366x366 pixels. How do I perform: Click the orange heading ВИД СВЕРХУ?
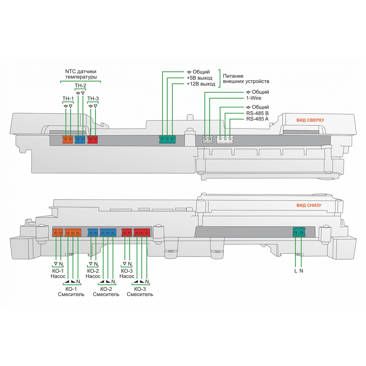coord(310,120)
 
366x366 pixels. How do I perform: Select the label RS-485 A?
coord(257,119)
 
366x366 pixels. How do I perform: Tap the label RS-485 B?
coord(257,113)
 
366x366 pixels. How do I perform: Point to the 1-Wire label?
coord(253,98)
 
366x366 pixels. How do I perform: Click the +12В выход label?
coord(201,84)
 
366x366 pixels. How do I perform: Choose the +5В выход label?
coord(200,78)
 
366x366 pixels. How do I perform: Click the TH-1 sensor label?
coord(68,99)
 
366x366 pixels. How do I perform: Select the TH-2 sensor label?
coord(80,86)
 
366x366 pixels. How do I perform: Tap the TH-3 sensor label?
coord(93,99)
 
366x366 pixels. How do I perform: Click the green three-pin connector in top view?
coord(167,139)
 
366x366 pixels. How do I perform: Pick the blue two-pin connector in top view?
coord(80,139)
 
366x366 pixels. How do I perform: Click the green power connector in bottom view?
coord(299,232)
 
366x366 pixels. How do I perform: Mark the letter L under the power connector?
coord(296,271)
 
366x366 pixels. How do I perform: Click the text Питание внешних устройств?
coord(246,79)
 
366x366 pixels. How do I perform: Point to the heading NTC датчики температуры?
coord(81,74)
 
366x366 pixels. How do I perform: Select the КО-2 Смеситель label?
coord(106,291)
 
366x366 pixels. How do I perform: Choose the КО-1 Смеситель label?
coord(71,291)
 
